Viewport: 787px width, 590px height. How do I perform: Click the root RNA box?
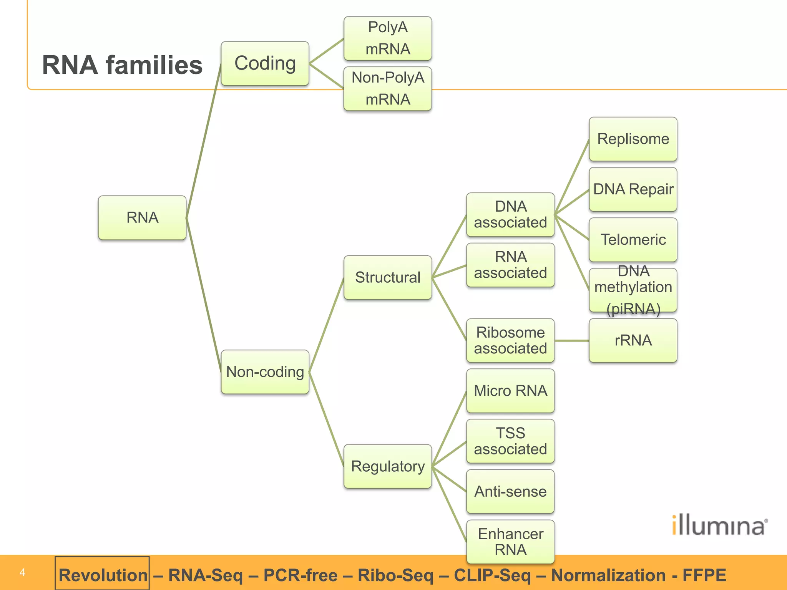tap(142, 218)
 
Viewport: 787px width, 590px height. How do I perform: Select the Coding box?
tap(265, 63)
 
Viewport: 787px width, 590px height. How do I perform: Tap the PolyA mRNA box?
tap(387, 38)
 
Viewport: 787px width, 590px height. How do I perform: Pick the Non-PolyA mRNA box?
tap(387, 89)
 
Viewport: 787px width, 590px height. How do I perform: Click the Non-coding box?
tap(265, 372)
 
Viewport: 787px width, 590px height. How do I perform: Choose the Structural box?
tap(387, 277)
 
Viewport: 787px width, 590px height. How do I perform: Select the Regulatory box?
tap(387, 466)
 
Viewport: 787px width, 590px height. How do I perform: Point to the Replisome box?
tap(633, 139)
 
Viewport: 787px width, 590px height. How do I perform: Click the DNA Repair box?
tap(633, 189)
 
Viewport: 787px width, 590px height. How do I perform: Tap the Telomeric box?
tap(633, 240)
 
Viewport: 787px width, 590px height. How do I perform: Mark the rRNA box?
tap(633, 340)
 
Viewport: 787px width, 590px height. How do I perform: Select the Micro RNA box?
tap(510, 391)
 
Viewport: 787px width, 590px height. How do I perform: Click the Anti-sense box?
tap(510, 491)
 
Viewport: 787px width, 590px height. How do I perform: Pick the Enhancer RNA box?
tap(510, 542)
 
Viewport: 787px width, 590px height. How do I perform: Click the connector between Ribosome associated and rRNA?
tap(572, 341)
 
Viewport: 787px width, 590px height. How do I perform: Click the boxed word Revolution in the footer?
tap(103, 575)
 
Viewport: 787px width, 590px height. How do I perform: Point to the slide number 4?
tap(22, 572)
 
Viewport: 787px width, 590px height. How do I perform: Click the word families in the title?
tap(154, 65)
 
